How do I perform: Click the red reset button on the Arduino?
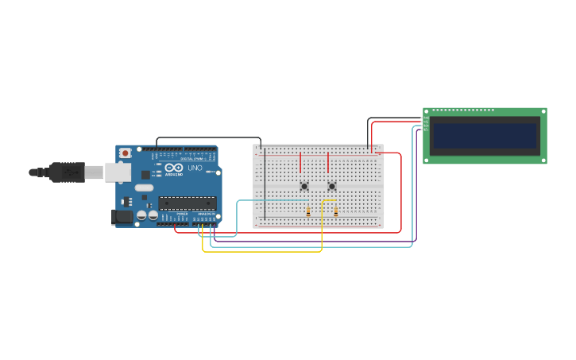(124, 153)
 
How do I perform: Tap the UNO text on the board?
(195, 168)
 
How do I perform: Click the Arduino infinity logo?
(174, 168)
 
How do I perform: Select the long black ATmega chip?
(187, 203)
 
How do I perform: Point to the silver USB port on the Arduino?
(118, 172)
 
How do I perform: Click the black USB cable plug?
(67, 172)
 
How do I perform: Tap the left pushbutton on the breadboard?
(304, 187)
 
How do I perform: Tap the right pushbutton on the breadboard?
(332, 187)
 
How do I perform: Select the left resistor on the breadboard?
(308, 211)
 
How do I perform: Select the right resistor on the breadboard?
(336, 211)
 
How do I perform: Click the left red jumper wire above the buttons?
(300, 162)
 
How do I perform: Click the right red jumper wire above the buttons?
(327, 162)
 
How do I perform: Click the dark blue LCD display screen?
(485, 135)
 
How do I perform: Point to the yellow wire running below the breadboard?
(262, 252)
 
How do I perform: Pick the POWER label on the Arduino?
(182, 214)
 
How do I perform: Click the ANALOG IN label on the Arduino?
(205, 214)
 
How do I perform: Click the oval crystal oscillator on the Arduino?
(144, 188)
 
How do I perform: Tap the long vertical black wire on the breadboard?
(265, 187)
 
